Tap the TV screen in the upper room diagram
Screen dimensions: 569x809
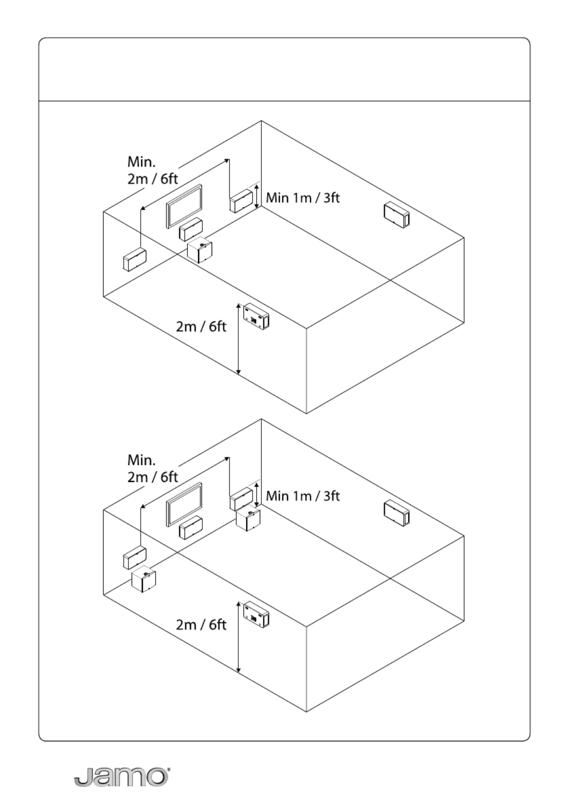click(184, 206)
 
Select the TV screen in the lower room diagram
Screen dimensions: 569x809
click(184, 505)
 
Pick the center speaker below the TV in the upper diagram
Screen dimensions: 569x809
click(191, 229)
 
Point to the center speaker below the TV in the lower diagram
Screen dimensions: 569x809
click(191, 528)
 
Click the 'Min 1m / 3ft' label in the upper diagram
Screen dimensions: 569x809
click(303, 198)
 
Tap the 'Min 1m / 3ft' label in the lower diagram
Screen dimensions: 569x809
click(303, 496)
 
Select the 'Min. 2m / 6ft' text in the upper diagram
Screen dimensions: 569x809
click(153, 170)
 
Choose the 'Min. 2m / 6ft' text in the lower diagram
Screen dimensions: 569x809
click(153, 469)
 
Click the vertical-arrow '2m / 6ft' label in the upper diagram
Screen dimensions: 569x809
click(201, 326)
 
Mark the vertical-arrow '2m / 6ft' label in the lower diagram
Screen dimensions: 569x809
click(201, 624)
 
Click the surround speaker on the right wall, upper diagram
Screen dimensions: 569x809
click(396, 215)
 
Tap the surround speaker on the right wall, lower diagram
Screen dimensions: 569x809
click(396, 513)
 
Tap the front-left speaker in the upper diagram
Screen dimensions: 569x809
click(135, 259)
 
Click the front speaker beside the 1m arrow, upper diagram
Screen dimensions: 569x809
click(241, 201)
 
